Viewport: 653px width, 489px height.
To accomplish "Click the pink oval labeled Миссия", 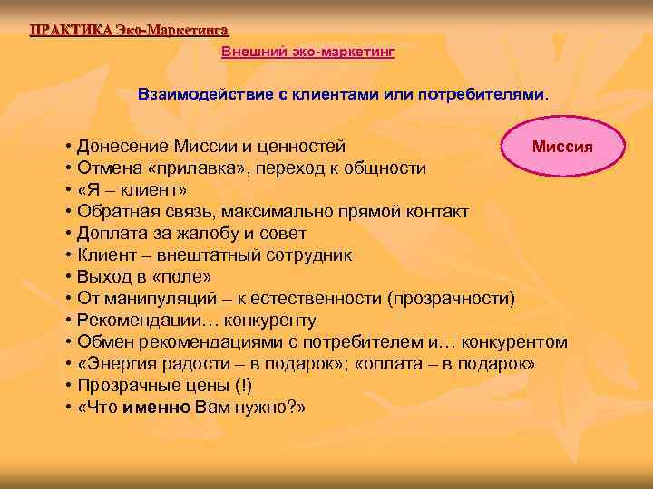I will pyautogui.click(x=562, y=147).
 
